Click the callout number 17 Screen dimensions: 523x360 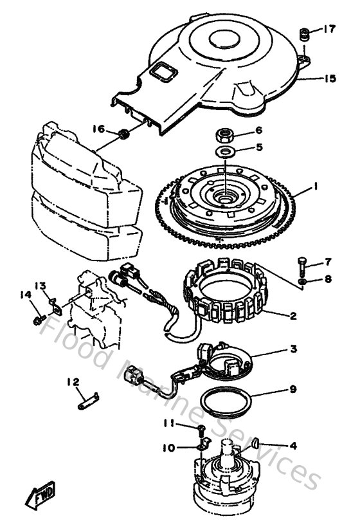pos(329,28)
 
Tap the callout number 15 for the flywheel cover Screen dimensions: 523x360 pos(330,78)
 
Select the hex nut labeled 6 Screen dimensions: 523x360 pos(226,135)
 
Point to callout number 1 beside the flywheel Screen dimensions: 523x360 pos(315,187)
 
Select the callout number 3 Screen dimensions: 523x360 pos(292,349)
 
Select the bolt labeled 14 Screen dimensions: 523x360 pos(38,317)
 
